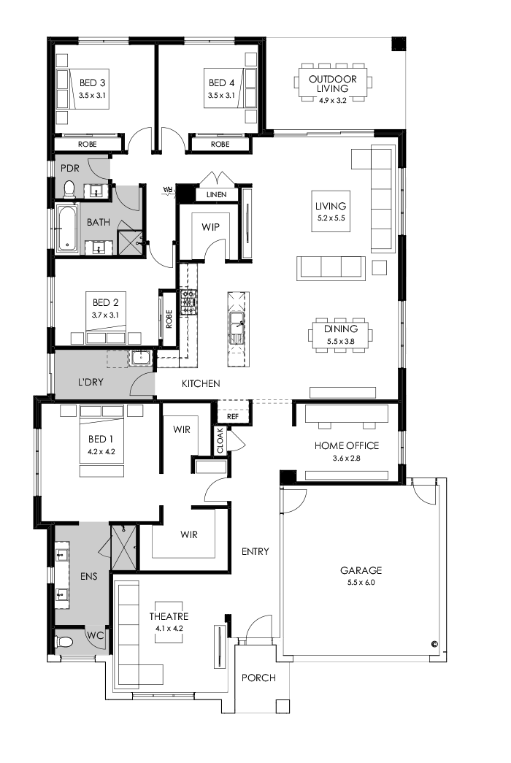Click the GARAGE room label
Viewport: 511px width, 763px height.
click(x=361, y=570)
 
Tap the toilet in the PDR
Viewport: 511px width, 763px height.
click(x=69, y=189)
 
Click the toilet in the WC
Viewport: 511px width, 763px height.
click(x=64, y=642)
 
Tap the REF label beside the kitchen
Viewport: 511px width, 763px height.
click(x=232, y=416)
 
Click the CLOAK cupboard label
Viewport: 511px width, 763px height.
click(x=220, y=441)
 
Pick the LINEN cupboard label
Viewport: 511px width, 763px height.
click(x=216, y=195)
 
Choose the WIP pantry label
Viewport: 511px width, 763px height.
click(x=210, y=227)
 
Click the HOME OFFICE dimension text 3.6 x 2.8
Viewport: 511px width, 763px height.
click(x=347, y=458)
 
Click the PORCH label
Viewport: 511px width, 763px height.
click(x=258, y=678)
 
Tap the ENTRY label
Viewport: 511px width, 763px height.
click(x=255, y=551)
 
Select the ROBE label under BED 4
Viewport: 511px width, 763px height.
click(x=220, y=145)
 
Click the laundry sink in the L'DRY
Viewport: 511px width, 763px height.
click(x=139, y=358)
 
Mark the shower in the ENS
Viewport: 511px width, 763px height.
click(x=123, y=546)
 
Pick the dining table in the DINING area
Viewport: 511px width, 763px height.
click(x=342, y=335)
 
